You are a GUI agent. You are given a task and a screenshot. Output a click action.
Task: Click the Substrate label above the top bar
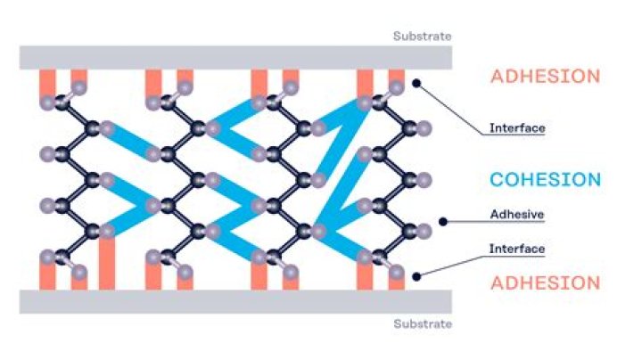point(423,37)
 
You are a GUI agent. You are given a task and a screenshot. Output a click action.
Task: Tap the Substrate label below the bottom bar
point(423,323)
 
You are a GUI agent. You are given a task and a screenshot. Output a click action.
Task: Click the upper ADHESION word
point(545,77)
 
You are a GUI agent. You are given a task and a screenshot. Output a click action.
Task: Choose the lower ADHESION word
point(545,283)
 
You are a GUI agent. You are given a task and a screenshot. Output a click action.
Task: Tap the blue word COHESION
point(545,180)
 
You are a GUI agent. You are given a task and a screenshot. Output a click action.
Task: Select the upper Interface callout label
point(516,127)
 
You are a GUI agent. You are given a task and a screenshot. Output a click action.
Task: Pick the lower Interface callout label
point(516,248)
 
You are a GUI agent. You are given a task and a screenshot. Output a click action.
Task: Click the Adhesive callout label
point(516,215)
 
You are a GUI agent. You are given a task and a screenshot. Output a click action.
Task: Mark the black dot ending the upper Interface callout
point(416,84)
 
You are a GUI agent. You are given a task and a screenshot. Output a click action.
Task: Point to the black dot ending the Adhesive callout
point(443,222)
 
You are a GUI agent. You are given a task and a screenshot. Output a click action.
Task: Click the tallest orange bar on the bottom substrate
point(107,263)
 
